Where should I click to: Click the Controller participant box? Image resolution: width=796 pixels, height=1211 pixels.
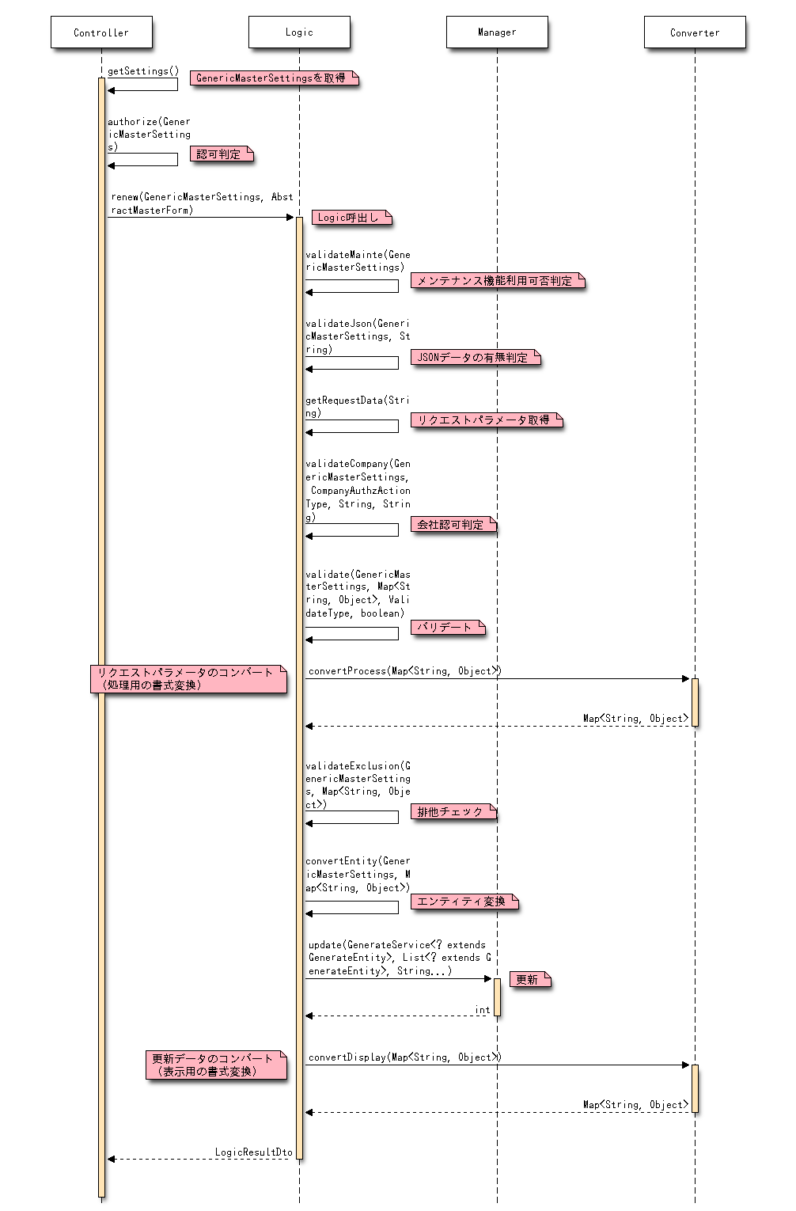101,32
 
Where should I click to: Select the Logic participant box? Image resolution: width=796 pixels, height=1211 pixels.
299,32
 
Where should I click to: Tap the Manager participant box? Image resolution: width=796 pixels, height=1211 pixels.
497,32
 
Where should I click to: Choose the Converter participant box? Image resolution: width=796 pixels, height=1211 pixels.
695,32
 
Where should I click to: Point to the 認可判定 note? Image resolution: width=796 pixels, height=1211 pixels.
221,154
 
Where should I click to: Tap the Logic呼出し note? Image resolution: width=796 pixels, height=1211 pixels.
351,218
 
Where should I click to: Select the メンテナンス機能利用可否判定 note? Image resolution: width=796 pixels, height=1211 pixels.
497,281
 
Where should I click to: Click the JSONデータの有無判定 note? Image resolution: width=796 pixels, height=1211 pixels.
475,358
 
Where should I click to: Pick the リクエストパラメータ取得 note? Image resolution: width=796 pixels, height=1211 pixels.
486,420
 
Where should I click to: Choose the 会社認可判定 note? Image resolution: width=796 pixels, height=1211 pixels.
453,525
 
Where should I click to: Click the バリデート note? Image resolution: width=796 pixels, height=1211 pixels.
447,628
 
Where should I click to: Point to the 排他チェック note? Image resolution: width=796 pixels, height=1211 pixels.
453,812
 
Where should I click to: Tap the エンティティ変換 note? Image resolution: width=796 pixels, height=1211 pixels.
464,902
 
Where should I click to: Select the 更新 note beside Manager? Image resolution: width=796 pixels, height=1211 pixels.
529,980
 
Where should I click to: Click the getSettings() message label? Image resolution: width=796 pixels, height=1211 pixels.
143,71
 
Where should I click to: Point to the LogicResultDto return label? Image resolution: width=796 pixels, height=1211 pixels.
253,1152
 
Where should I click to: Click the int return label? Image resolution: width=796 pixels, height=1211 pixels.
482,1010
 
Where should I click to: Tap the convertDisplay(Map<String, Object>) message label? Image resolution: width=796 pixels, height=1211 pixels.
404,1057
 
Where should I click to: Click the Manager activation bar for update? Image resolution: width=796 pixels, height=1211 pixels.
497,997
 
